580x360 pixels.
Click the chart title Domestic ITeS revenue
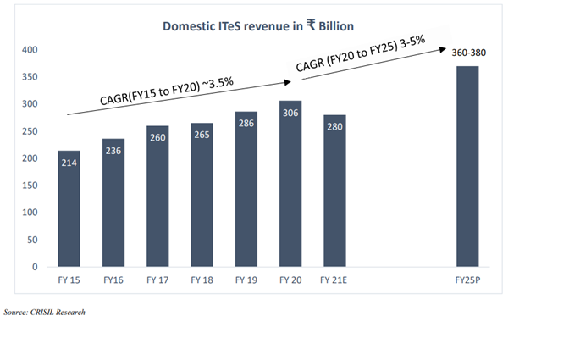pyautogui.click(x=258, y=26)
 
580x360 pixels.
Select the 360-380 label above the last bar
pyautogui.click(x=469, y=53)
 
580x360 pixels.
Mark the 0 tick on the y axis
pyautogui.click(x=35, y=267)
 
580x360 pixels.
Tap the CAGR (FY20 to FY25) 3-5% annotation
pyautogui.click(x=360, y=55)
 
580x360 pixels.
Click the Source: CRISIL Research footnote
pyautogui.click(x=43, y=313)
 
